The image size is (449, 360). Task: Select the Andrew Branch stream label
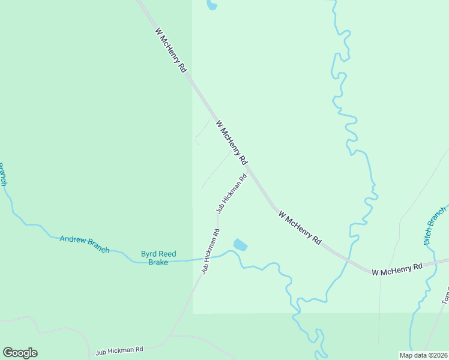coord(84,244)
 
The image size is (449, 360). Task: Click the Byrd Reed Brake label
coord(158,258)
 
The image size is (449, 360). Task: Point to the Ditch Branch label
coord(435,226)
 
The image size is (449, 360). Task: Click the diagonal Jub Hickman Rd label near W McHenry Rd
coord(232,194)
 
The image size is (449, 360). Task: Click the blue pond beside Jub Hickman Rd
coord(240,245)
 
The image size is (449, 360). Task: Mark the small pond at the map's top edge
coord(211,5)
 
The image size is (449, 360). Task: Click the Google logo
coord(20,353)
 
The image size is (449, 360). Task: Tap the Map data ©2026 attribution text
coord(423,355)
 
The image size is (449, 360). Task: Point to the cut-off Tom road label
coord(445,294)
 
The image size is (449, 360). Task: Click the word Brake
coord(158,262)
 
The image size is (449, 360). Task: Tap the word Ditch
coord(429,235)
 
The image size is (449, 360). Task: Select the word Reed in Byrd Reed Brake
coord(167,254)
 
